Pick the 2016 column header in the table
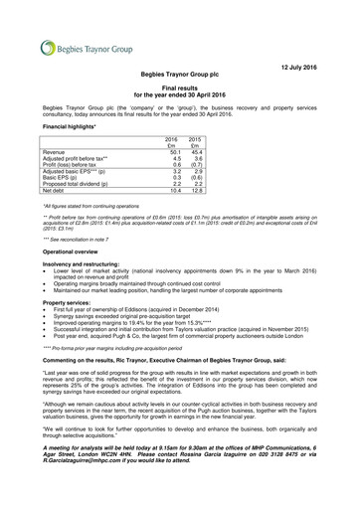(170, 139)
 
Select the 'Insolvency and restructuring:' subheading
(85, 265)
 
